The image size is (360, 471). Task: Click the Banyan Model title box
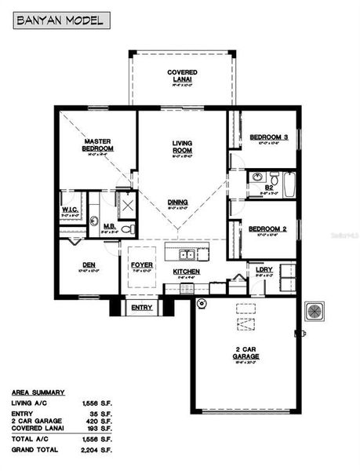[60, 21]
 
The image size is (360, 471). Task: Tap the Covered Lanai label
[181, 75]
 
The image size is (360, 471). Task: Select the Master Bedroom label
[100, 144]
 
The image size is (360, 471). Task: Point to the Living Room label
[183, 146]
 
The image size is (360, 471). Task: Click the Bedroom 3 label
[268, 137]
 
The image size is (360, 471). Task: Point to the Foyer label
[142, 265]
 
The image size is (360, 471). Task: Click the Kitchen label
[187, 272]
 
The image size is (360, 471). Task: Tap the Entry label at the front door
[142, 307]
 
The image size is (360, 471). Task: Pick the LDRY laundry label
[264, 269]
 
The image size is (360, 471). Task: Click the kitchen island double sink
[187, 254]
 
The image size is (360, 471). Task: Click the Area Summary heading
[38, 392]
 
